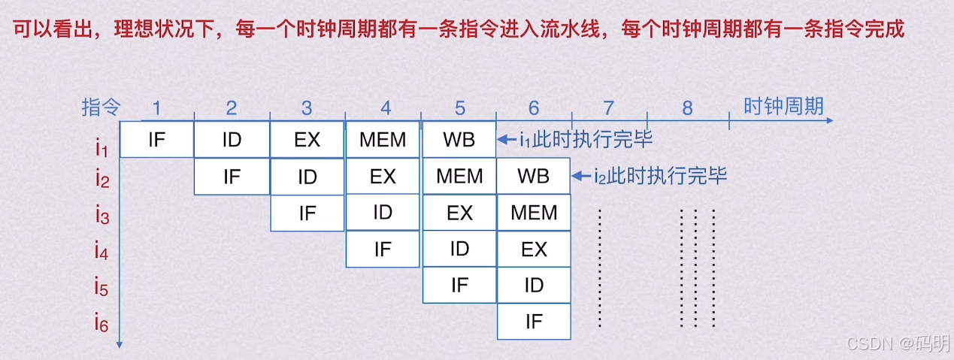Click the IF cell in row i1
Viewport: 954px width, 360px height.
(x=156, y=140)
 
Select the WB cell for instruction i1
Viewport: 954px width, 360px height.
(x=459, y=140)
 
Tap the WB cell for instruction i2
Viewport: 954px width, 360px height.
(x=534, y=177)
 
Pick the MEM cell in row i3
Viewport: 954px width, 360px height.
(x=534, y=213)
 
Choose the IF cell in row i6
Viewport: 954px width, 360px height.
(x=534, y=322)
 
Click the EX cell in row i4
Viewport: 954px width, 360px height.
(x=534, y=249)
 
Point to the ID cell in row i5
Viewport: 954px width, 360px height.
(x=534, y=286)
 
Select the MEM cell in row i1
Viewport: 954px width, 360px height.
(x=383, y=140)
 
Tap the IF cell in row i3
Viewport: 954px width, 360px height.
(x=307, y=213)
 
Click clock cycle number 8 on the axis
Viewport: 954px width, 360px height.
(x=687, y=108)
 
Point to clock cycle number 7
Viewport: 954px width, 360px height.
(x=609, y=108)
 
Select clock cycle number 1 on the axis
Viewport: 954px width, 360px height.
(x=156, y=108)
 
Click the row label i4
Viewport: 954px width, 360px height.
(x=102, y=251)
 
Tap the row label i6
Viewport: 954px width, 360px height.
(x=102, y=323)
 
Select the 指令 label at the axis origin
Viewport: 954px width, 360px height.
(x=101, y=107)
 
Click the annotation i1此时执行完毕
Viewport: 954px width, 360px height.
(x=586, y=140)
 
